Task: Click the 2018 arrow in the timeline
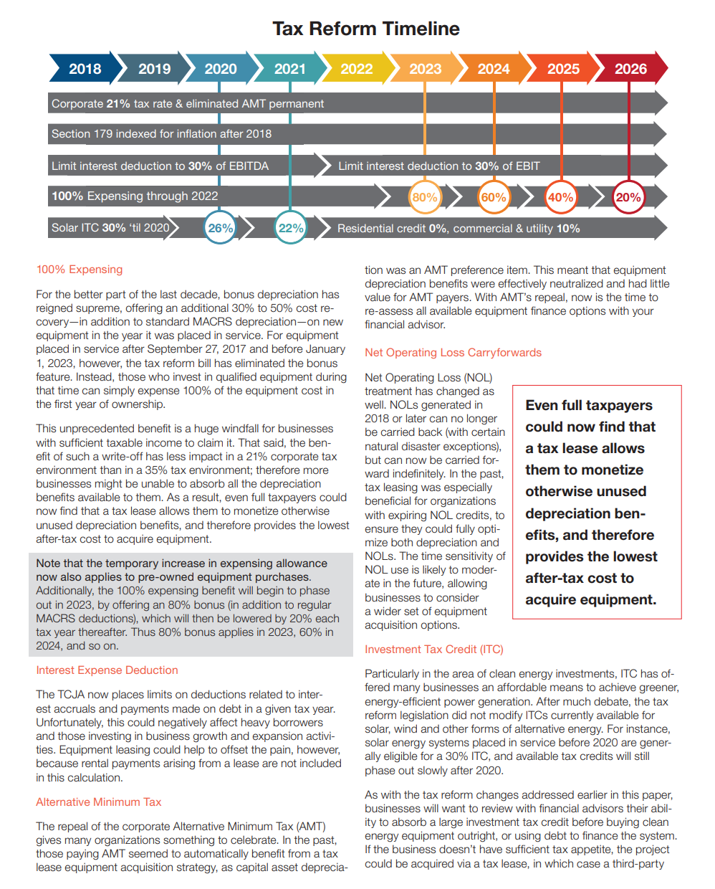tap(85, 68)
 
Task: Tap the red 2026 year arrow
tap(630, 68)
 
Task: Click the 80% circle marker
tap(425, 197)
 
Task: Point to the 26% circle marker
tap(220, 227)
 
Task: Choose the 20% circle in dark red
tap(628, 197)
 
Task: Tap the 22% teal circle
tap(291, 227)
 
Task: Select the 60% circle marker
tap(494, 197)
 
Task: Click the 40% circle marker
tap(560, 197)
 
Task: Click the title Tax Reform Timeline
tap(366, 29)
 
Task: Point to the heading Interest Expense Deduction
tap(107, 670)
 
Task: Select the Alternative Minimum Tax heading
tap(98, 802)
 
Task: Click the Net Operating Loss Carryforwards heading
tap(453, 353)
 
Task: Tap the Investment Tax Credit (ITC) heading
tap(434, 650)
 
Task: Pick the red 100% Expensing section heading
tap(80, 270)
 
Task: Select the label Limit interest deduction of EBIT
tap(439, 166)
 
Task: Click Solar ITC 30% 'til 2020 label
tap(110, 227)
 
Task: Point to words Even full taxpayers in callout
tap(589, 406)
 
